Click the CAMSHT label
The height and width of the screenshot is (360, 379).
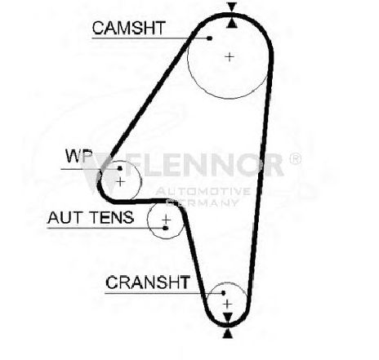coord(129,28)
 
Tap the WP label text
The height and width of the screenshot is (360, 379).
coord(79,156)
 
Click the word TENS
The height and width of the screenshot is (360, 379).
coord(112,217)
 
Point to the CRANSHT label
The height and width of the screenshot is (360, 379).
coord(148,282)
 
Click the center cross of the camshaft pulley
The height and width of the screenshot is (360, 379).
coord(230,57)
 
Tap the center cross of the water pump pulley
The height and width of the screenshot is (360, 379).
coord(120,182)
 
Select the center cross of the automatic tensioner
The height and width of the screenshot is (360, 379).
coord(166,220)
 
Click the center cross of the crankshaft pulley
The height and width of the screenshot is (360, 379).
coord(227,304)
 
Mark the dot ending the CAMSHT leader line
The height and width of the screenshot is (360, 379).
coord(209,38)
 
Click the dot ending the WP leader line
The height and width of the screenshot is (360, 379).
coord(119,168)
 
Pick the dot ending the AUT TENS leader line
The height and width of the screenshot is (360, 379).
coord(165,228)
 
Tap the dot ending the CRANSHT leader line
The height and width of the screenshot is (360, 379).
coord(223,293)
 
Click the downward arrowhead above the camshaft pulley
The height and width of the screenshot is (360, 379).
coord(232,7)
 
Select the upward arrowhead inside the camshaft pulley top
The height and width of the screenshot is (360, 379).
coord(232,23)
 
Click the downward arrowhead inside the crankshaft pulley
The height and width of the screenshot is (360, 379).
coord(228,317)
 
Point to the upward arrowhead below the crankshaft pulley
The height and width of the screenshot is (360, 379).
coord(228,333)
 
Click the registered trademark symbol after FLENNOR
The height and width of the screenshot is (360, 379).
coord(295,159)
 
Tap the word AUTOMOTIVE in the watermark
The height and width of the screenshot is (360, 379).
coord(203,191)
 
